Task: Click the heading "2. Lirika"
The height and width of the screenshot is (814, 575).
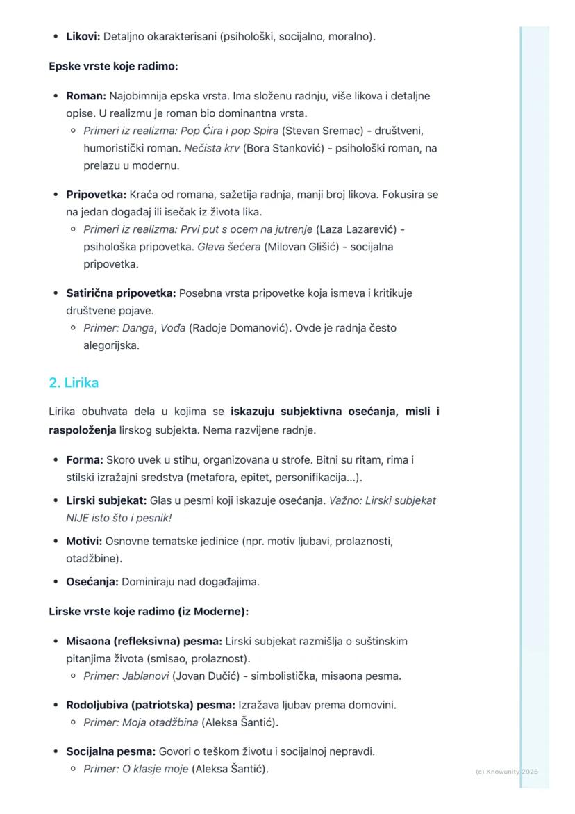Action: pyautogui.click(x=74, y=382)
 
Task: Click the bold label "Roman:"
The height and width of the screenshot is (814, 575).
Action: pyautogui.click(x=86, y=95)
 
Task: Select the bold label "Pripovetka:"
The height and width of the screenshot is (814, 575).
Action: pyautogui.click(x=97, y=195)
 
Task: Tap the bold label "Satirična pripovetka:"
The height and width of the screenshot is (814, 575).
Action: pyautogui.click(x=121, y=293)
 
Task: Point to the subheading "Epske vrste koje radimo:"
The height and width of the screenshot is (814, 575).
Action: pyautogui.click(x=113, y=67)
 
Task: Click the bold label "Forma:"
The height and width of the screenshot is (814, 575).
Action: pyautogui.click(x=85, y=460)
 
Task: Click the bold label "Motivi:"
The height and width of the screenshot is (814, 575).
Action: pyautogui.click(x=84, y=541)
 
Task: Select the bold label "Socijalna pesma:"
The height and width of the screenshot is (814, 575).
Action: pyautogui.click(x=111, y=751)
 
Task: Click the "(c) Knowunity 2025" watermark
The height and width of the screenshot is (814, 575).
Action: pyautogui.click(x=507, y=772)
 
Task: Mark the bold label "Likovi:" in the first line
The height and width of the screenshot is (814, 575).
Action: pyautogui.click(x=83, y=36)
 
